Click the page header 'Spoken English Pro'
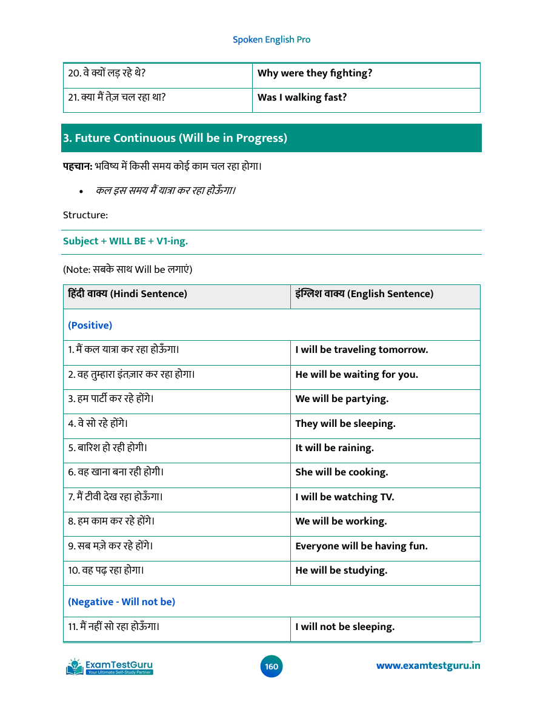tap(271, 39)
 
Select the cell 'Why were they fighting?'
tap(315, 73)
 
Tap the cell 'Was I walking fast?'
tap(302, 97)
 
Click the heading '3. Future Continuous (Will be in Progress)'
tap(175, 138)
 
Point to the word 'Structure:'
tap(85, 215)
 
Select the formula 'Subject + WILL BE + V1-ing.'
tap(125, 241)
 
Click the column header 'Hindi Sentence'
tap(128, 294)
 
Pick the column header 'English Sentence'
tap(364, 294)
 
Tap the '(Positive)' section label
tap(90, 325)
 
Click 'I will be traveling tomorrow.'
tap(361, 350)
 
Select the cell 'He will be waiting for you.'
tap(356, 374)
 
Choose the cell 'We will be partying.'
tap(342, 399)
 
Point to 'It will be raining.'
tap(335, 448)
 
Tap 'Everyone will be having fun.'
tap(361, 546)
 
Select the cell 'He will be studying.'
tap(341, 571)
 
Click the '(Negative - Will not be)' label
tap(121, 602)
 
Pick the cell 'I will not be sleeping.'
tap(345, 627)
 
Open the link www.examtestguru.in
tap(428, 666)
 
